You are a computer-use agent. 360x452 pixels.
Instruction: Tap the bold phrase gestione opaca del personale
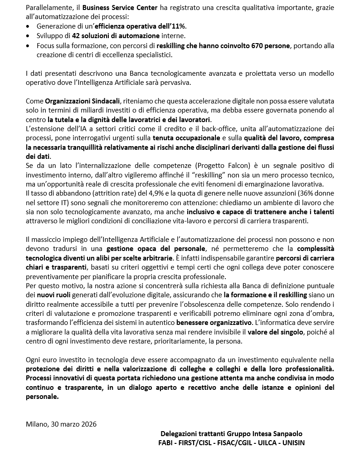pos(156,248)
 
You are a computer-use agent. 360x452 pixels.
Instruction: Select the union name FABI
pos(166,442)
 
